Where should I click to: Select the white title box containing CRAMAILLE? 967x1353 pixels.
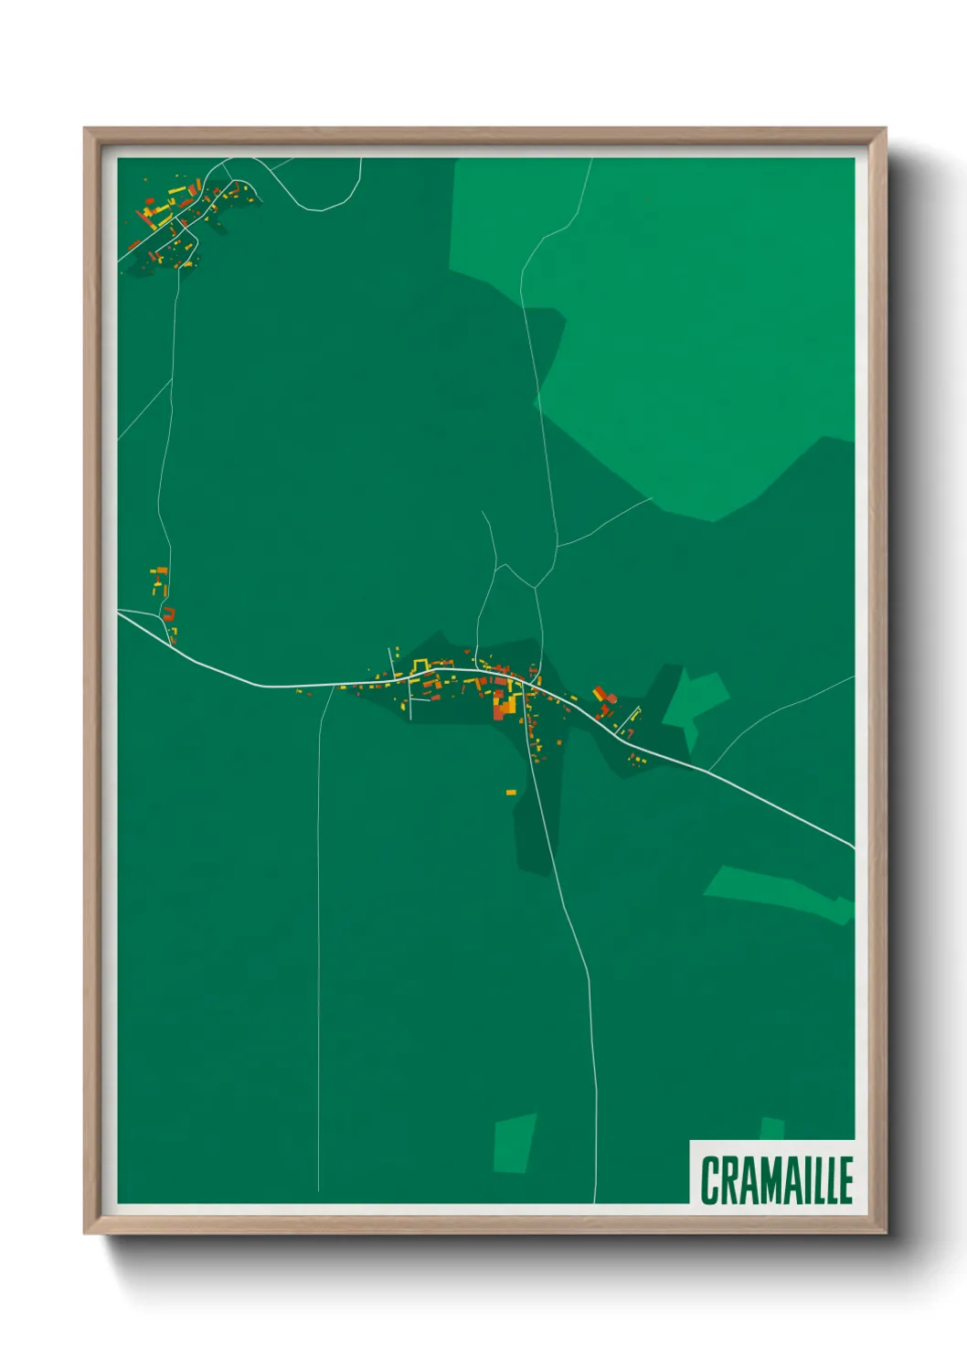[772, 1172]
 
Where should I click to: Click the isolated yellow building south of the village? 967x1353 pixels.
[511, 792]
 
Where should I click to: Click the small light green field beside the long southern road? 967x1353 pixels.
[514, 1143]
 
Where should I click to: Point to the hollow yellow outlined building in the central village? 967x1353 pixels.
[421, 664]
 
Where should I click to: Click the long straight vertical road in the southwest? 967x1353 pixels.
[318, 960]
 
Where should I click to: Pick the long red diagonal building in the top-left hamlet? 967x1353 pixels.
[143, 219]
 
